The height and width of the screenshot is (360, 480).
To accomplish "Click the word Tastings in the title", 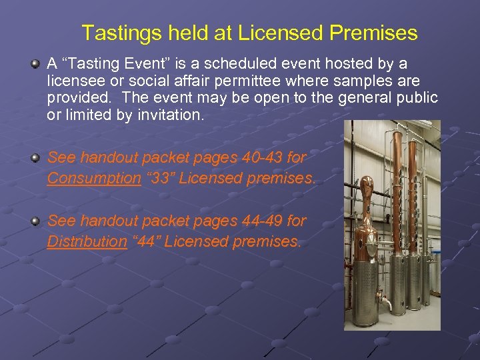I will (117, 33).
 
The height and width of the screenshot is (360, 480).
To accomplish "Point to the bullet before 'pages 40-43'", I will (35, 158).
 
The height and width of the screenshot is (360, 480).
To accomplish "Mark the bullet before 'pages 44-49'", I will (35, 221).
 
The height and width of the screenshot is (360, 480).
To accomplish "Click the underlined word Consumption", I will (94, 179).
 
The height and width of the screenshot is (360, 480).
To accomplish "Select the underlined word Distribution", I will (87, 241).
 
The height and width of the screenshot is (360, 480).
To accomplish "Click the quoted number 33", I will (160, 179).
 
